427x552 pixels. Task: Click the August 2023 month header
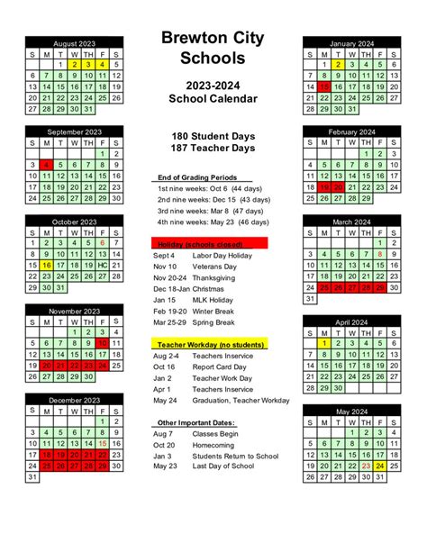74,42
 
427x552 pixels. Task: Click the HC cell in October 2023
103,266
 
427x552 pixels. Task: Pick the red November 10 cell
103,343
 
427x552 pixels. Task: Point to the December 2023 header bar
74,399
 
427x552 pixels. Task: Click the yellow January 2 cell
337,65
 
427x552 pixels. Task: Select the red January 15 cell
323,87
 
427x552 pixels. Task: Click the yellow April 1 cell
323,343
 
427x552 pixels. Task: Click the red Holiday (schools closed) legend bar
210,243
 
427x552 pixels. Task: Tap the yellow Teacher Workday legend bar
210,344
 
